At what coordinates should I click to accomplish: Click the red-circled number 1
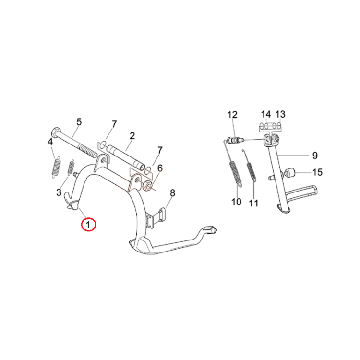coord(88,224)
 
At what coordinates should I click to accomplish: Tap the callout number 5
coord(79,122)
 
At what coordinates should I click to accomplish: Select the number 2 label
coord(132,136)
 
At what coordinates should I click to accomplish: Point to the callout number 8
coord(172,193)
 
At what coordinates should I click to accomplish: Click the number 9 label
coord(315,156)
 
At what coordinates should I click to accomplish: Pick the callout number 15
coord(318,172)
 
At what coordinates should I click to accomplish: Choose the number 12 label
coord(232,115)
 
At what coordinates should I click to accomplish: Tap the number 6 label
coord(160,168)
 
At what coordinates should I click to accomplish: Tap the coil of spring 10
coord(234,170)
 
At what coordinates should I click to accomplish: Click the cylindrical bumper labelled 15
coord(290,173)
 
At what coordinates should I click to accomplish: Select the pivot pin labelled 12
coord(235,140)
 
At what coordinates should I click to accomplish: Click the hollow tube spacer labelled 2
coord(126,157)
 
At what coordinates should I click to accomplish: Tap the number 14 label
coord(265,114)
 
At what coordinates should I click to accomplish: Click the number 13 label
coord(280,114)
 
